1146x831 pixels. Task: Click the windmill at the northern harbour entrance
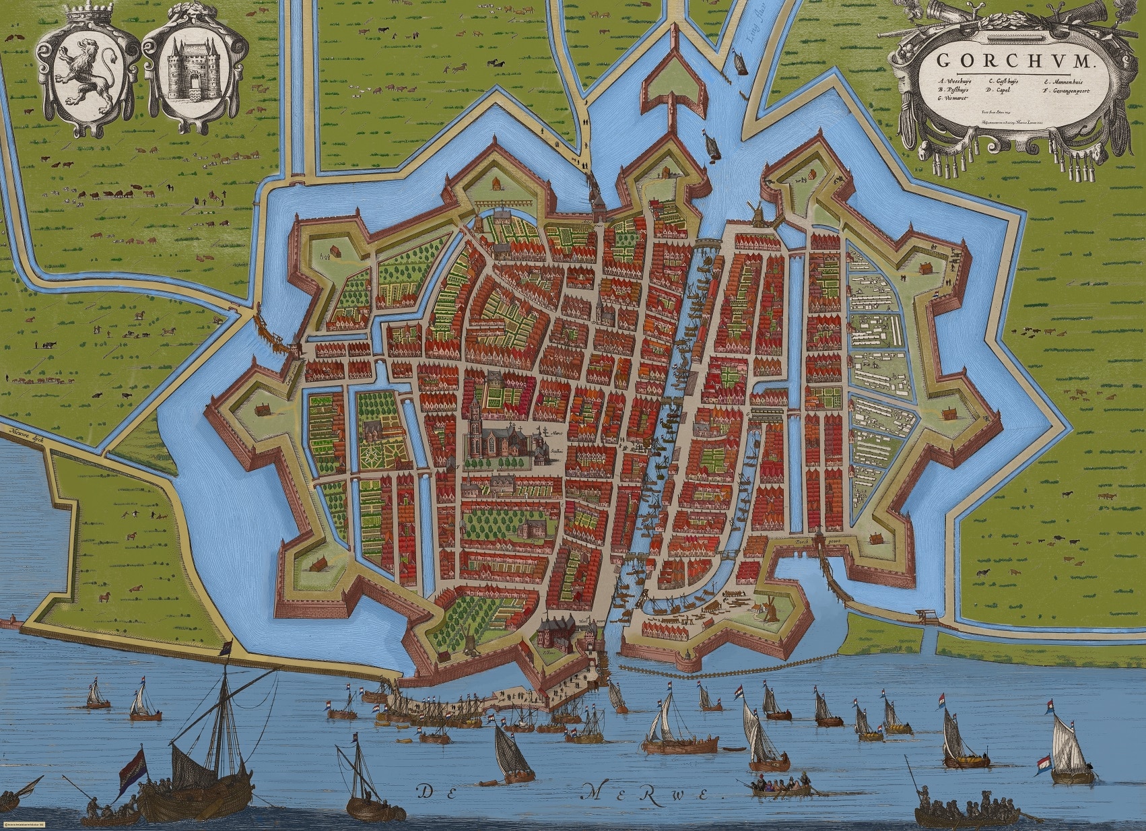coord(755,213)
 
